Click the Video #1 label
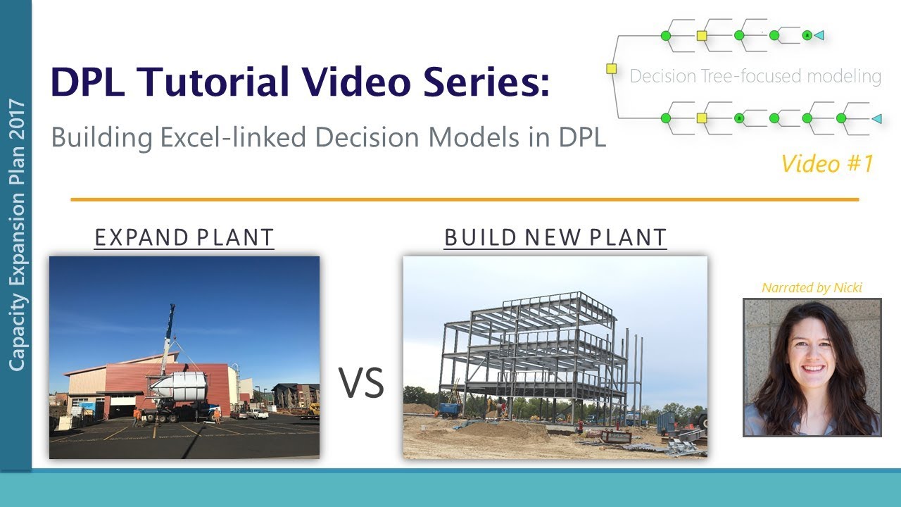[827, 163]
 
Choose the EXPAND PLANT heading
[184, 238]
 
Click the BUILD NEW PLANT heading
[555, 238]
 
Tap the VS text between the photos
[361, 383]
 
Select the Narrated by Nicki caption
[812, 287]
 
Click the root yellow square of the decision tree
[611, 69]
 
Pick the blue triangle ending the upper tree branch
[819, 35]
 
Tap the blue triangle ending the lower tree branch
[876, 119]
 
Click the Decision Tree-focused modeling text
[755, 76]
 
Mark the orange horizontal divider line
[465, 200]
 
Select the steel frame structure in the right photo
[535, 345]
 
